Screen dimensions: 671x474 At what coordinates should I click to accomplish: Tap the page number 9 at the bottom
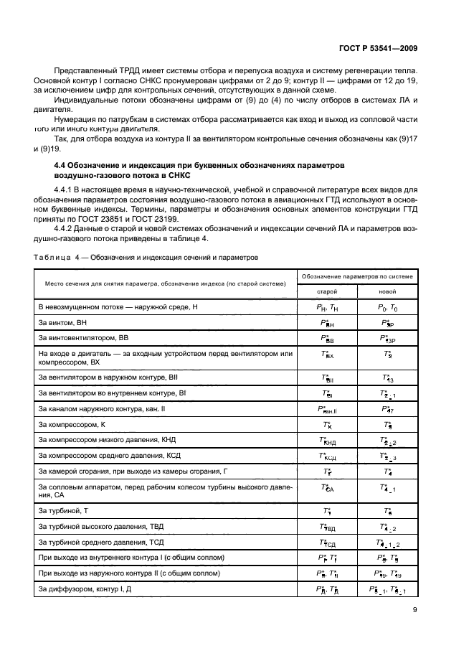coord(415,610)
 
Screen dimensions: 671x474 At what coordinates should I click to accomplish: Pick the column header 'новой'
coord(387,291)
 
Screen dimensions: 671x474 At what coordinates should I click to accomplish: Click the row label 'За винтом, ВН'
coord(63,323)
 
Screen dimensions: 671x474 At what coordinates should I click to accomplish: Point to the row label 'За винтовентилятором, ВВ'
coord(84,338)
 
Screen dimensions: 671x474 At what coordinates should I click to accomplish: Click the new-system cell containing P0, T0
coord(387,307)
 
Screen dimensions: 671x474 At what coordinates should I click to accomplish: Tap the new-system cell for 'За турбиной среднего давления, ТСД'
coord(387,543)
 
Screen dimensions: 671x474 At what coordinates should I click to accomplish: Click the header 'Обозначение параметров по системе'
coord(357,276)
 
